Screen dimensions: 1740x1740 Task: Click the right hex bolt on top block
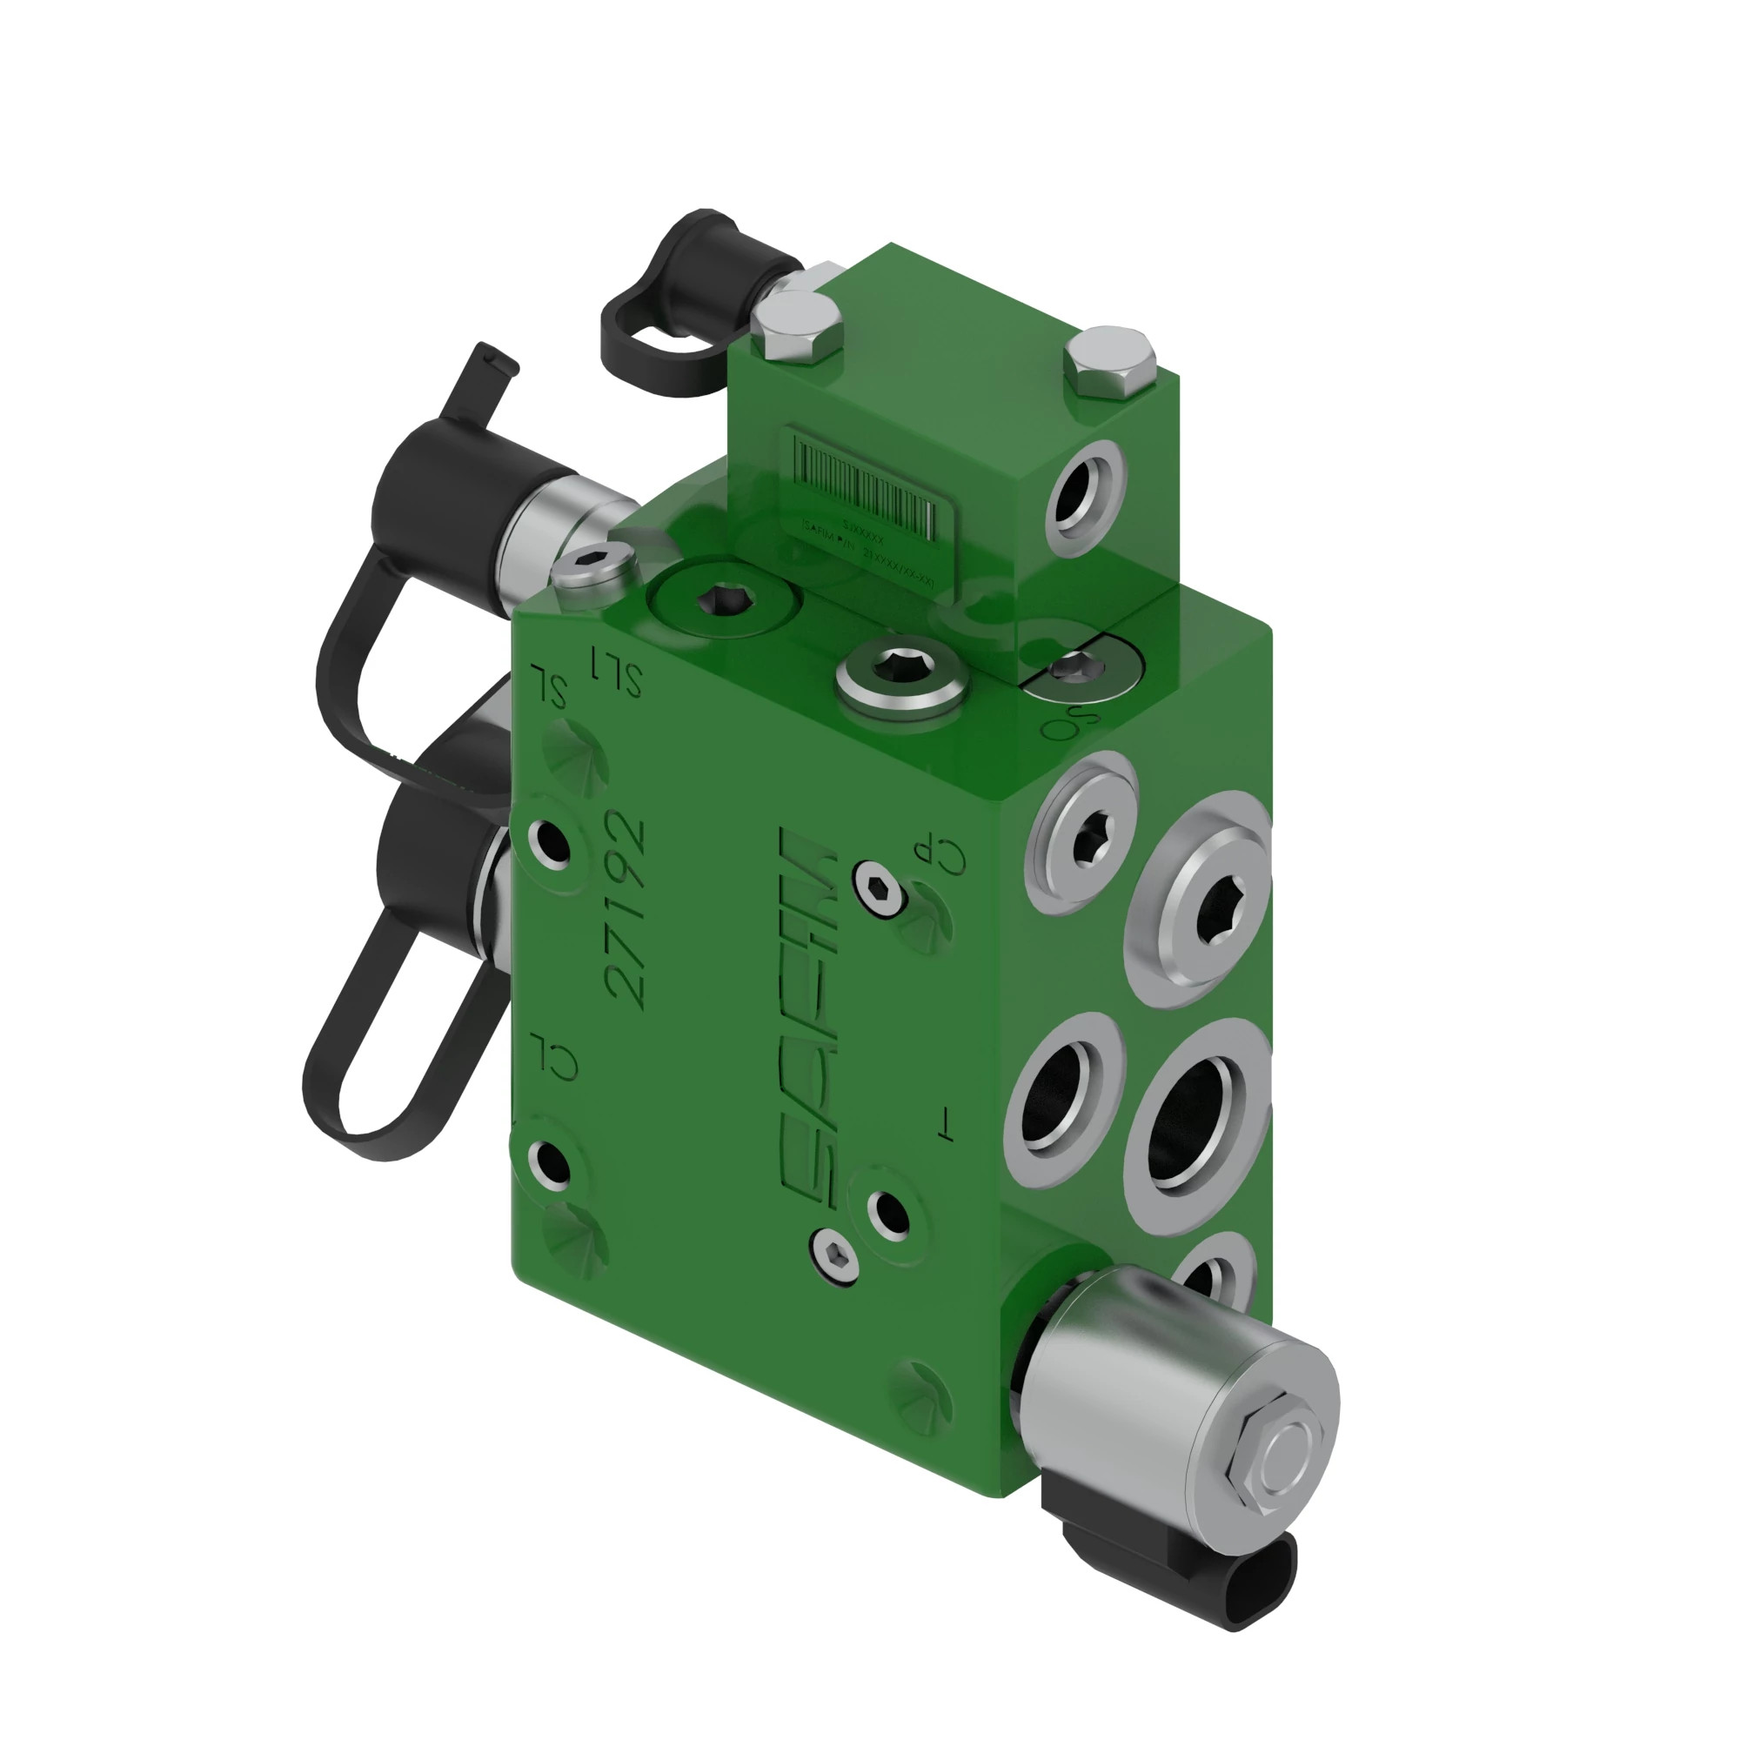coord(1109,362)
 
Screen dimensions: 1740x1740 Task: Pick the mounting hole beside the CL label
coord(549,1162)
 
